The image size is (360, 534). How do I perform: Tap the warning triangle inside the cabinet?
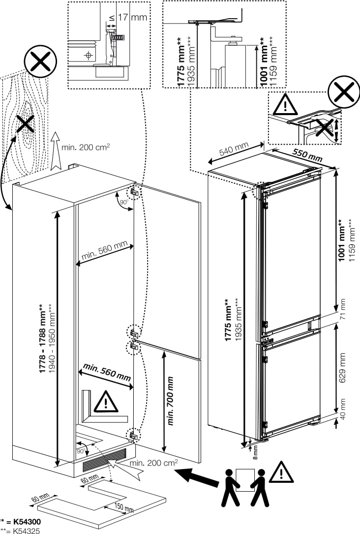click(x=106, y=402)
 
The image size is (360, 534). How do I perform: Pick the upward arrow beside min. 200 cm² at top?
click(x=56, y=150)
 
